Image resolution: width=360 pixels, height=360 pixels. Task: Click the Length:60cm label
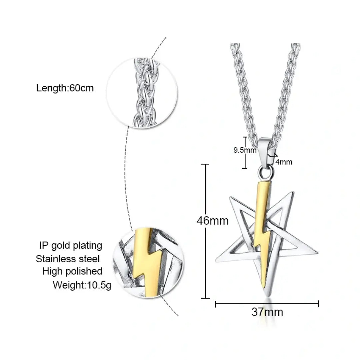tap(65, 88)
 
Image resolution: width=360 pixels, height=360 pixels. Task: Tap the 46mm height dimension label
tap(213, 221)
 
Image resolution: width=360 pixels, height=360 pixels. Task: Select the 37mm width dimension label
tap(267, 312)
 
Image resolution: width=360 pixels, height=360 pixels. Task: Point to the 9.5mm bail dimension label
tap(245, 150)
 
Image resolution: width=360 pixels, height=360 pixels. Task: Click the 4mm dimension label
tap(284, 162)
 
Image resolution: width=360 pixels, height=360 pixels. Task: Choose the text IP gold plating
tap(71, 246)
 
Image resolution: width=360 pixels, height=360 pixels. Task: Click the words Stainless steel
tap(67, 259)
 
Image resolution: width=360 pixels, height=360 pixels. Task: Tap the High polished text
tap(72, 271)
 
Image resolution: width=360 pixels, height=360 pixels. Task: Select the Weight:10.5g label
tap(82, 285)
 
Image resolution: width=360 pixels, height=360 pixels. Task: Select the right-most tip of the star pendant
tap(318, 252)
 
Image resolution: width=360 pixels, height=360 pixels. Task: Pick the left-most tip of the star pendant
tap(216, 261)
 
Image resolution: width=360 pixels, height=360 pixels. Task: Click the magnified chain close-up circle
tap(142, 93)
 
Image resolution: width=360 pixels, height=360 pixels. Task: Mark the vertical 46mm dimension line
tap(205, 231)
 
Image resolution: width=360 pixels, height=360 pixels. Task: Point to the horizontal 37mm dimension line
tap(267, 304)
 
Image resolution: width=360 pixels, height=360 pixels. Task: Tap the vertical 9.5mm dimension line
tap(245, 153)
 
